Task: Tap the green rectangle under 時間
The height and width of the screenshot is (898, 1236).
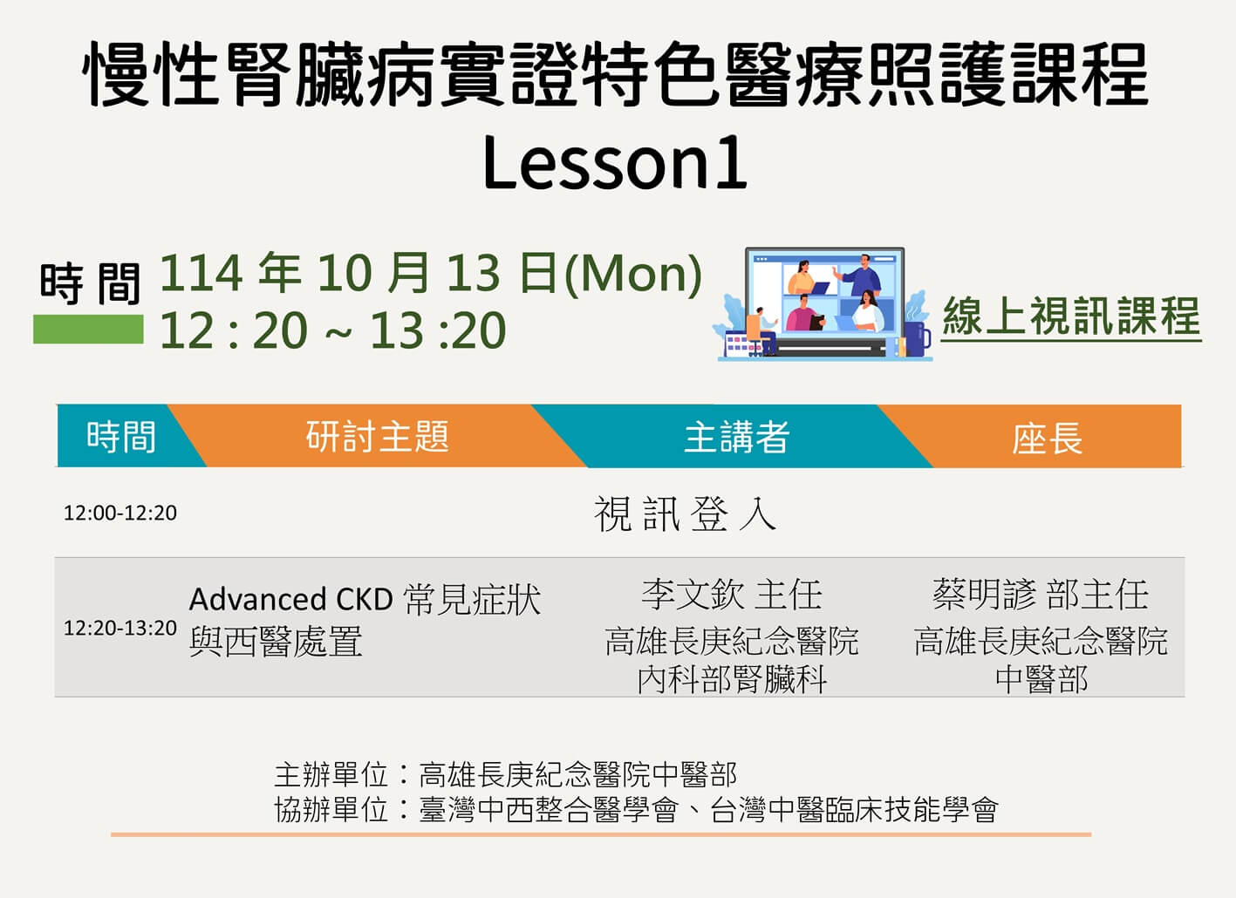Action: [88, 330]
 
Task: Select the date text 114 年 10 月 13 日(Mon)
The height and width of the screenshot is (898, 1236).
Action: [431, 273]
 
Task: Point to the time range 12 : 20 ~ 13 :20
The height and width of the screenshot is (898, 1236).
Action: [332, 330]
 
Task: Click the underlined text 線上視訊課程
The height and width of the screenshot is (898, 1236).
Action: [1071, 316]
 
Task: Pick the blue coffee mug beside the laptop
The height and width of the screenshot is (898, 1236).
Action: [916, 338]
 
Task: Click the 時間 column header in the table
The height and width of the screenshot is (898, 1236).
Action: [121, 436]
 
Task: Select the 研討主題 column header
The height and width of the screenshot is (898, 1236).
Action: [378, 436]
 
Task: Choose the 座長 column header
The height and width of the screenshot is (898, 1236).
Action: [1047, 439]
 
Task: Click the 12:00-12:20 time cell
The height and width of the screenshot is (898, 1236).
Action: [120, 513]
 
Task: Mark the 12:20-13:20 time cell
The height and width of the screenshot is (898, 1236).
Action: [120, 628]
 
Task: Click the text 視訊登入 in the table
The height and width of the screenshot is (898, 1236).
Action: [685, 514]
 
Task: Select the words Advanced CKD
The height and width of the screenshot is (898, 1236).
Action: [290, 599]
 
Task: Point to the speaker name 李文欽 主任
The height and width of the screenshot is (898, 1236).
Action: [732, 595]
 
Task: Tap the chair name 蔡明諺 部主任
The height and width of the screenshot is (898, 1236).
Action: [1041, 595]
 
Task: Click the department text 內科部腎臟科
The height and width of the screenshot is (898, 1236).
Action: [732, 679]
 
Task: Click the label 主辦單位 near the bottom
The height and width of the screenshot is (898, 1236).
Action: [331, 774]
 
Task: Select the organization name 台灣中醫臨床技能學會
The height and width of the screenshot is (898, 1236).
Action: [854, 810]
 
